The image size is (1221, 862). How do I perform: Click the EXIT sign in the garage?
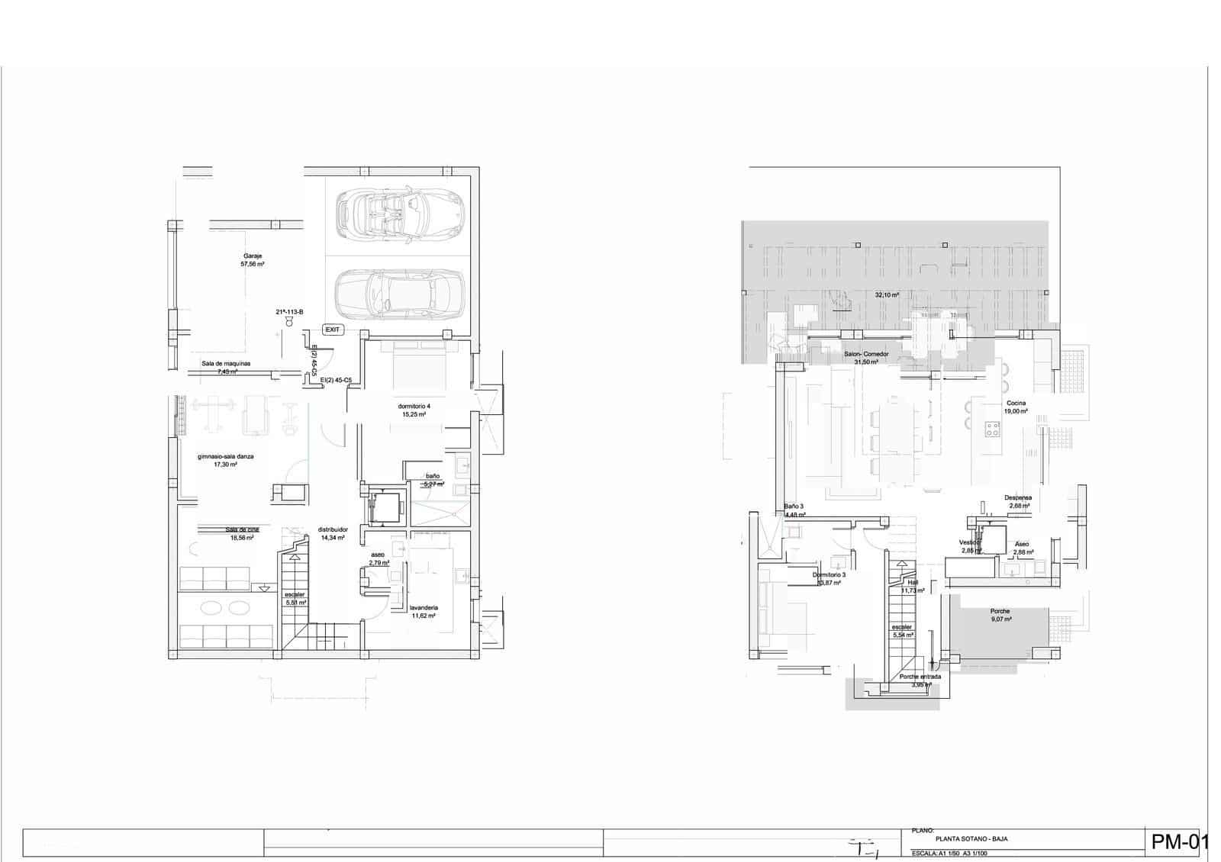(x=333, y=330)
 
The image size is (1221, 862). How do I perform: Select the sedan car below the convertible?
(x=400, y=295)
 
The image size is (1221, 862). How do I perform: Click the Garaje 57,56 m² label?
(x=253, y=260)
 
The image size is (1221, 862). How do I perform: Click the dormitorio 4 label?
(x=414, y=410)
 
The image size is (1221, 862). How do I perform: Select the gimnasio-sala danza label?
(x=225, y=460)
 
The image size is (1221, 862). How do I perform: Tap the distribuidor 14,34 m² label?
(x=333, y=533)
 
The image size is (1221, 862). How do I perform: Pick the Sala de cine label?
(x=239, y=533)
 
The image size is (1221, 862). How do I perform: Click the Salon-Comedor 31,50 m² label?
(x=866, y=358)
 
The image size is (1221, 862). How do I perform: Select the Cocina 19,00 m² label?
(x=1016, y=407)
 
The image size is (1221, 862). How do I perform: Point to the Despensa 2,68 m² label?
(x=1018, y=501)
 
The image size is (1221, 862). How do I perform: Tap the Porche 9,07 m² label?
(x=1000, y=615)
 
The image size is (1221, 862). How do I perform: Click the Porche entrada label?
(x=920, y=680)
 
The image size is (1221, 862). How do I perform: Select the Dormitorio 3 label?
(x=829, y=578)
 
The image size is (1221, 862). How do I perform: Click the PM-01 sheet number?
(x=1180, y=842)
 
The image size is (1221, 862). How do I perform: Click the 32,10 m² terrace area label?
(x=887, y=294)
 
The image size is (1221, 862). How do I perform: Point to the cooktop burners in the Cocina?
(x=993, y=429)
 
